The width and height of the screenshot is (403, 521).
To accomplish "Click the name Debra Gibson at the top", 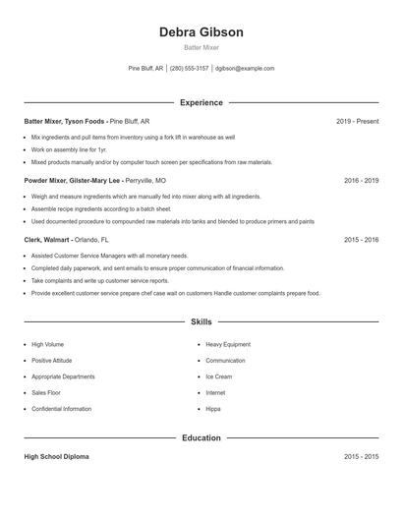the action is coord(201,32).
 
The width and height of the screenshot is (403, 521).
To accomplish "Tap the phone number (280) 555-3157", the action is coord(189,69).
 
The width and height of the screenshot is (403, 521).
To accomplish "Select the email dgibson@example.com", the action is coord(245,69).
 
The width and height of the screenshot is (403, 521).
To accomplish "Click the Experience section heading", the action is coord(201,102).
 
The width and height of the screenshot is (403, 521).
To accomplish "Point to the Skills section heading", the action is coord(201,321).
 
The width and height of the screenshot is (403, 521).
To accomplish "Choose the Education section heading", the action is coord(201,437).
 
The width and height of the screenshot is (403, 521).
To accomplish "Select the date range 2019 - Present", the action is coord(357,122).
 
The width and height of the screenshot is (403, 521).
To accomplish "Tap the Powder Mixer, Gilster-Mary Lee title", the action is coord(72,181).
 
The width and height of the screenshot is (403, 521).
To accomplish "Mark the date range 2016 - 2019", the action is coord(361,181).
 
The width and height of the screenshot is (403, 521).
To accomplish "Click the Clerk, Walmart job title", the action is coord(47,239).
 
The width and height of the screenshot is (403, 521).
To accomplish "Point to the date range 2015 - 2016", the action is coord(361,239).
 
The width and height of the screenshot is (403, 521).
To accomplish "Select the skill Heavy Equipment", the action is coord(228,345).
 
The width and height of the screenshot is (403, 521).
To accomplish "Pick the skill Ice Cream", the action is coord(218,376).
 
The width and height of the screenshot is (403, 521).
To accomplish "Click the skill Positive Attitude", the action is coord(52,361).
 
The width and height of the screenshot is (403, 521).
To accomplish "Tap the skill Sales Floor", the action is coord(46,392).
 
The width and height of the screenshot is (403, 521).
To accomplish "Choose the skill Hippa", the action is coord(213,408).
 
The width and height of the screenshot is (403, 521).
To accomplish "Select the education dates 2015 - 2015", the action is coord(361,457).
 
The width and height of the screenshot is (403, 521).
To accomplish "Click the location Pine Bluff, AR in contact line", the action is coord(146,69).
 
